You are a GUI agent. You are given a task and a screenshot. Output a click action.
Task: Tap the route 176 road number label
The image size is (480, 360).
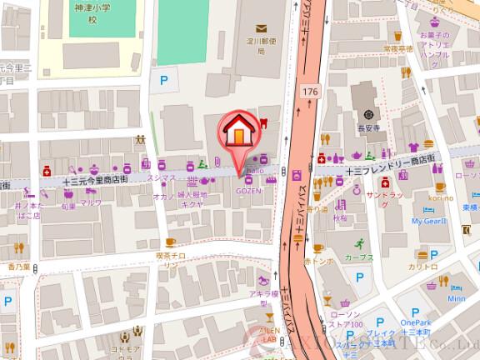click(x=311, y=91)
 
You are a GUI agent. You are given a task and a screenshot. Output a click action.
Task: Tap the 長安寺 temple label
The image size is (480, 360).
click(x=368, y=127)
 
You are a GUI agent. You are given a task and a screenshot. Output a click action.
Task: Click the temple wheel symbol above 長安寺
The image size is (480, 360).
click(x=368, y=113)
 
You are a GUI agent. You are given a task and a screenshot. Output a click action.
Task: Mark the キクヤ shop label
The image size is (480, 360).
click(x=192, y=201)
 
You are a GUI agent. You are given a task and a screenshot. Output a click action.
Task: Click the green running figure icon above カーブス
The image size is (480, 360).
click(x=358, y=243)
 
